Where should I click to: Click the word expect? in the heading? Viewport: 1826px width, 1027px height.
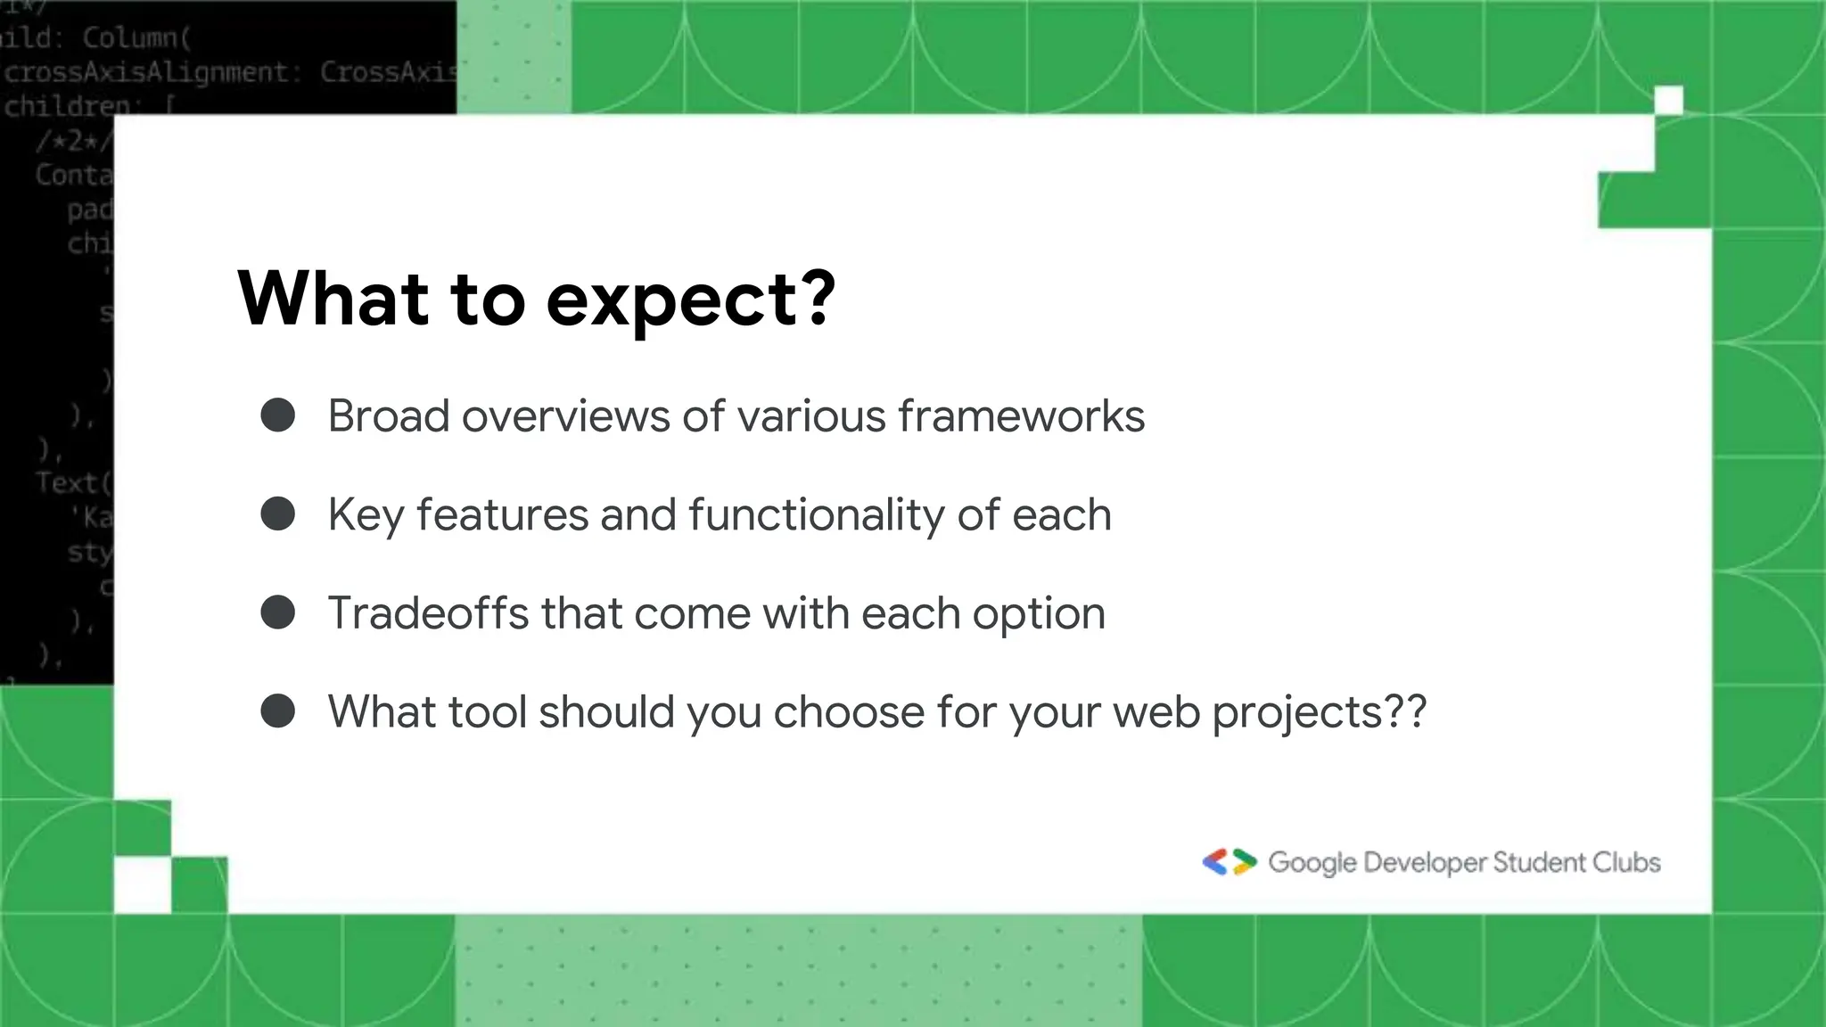click(691, 300)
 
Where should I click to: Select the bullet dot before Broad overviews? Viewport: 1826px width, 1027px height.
click(278, 415)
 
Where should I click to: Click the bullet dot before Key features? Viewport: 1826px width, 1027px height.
click(278, 514)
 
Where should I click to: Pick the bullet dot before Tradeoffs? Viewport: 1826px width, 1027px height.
click(278, 613)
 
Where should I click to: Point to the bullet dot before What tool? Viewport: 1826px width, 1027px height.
click(278, 711)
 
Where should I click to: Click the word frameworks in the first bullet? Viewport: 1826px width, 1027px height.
click(1021, 415)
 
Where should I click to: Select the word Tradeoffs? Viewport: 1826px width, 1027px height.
click(428, 613)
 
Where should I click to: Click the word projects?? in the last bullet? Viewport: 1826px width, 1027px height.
click(1320, 713)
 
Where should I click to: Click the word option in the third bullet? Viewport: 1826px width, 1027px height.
click(1039, 615)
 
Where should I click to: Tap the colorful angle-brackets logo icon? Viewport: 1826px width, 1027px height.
click(1229, 862)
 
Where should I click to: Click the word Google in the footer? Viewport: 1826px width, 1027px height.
click(1312, 863)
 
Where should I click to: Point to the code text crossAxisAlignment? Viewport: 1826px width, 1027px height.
click(147, 72)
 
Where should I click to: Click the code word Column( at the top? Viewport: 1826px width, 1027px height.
click(136, 37)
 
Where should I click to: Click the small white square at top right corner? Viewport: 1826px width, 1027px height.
click(1668, 101)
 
